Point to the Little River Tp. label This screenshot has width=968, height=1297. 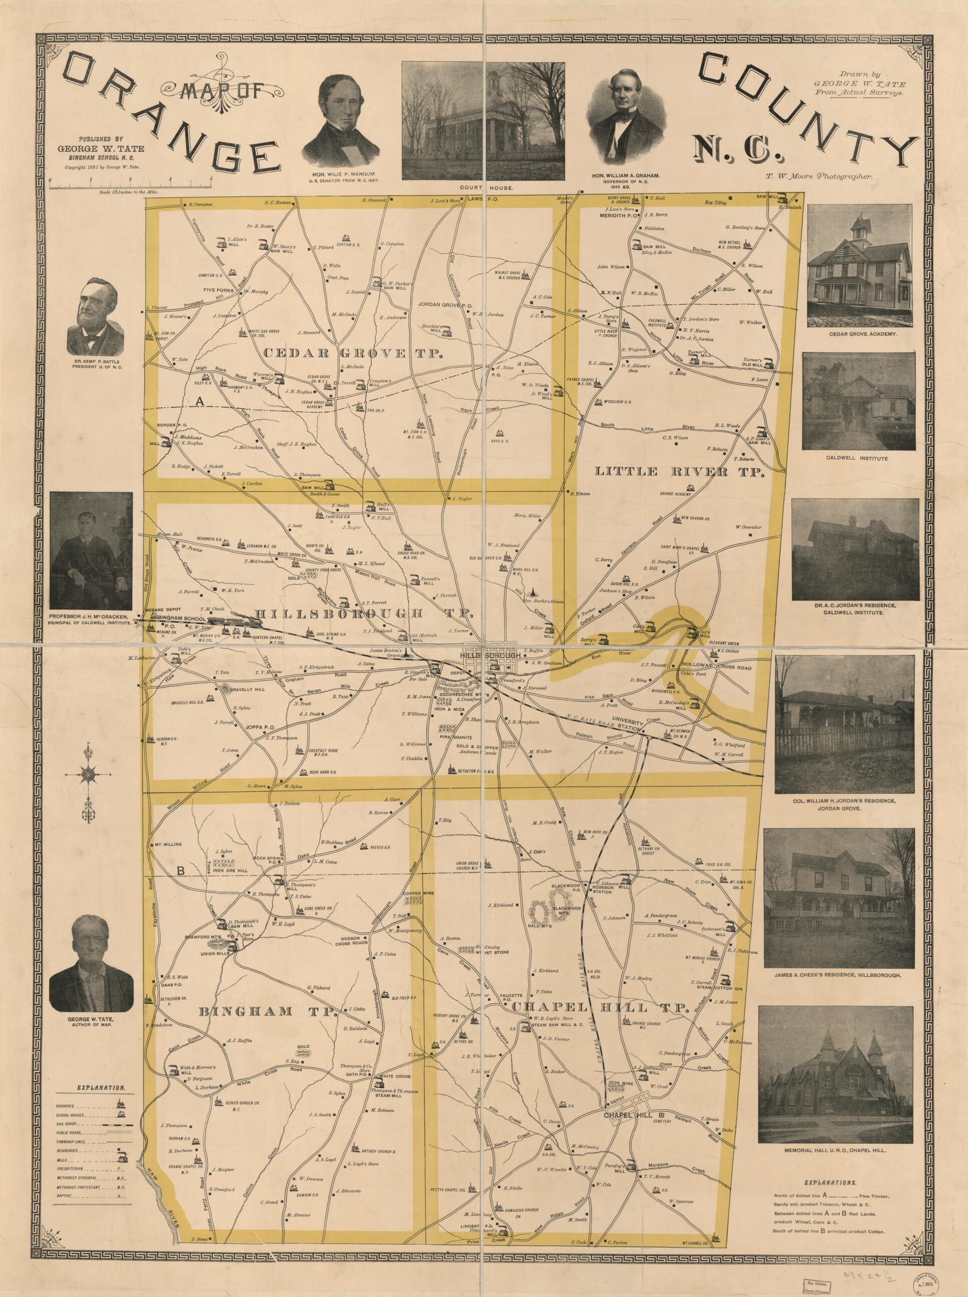pos(680,471)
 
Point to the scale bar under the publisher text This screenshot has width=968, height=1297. pos(130,185)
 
